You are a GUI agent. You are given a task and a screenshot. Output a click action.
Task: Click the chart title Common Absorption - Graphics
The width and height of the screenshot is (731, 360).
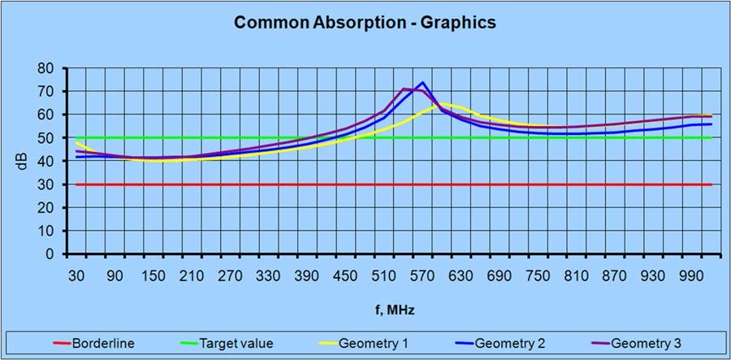coord(365,23)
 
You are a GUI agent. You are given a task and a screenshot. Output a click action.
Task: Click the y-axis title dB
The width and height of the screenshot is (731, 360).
coord(24,161)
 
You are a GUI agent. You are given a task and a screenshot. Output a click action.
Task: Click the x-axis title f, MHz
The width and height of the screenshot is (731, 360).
coord(392,310)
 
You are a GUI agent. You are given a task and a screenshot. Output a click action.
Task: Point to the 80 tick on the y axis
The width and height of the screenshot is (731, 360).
coord(48,68)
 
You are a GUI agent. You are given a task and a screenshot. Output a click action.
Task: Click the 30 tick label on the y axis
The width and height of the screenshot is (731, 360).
coord(48,184)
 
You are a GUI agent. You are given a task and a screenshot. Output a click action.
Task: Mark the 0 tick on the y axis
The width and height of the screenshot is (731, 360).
coord(51,254)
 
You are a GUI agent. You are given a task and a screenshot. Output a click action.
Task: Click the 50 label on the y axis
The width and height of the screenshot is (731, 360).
coord(48,138)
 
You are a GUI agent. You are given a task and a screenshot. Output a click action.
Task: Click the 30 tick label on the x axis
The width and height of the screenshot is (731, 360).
coord(76,275)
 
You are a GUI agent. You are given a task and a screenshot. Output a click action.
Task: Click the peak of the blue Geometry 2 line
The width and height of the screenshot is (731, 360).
coord(422,82)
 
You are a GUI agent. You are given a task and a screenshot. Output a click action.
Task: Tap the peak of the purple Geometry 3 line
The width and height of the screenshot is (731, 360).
coord(404,89)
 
